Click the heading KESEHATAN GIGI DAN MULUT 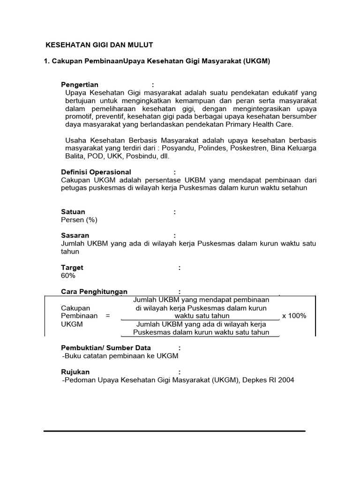[99, 45]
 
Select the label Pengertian [80, 84]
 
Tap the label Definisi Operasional [96, 172]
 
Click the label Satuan [73, 212]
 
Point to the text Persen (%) [79, 220]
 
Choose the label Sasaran [75, 235]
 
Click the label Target [72, 268]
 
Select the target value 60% [68, 276]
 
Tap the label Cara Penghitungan [94, 292]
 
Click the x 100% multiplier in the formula [294, 316]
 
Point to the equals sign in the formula [108, 316]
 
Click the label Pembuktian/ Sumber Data [106, 348]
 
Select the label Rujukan [75, 372]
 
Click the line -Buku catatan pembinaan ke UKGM [120, 356]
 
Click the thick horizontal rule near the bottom [174, 431]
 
